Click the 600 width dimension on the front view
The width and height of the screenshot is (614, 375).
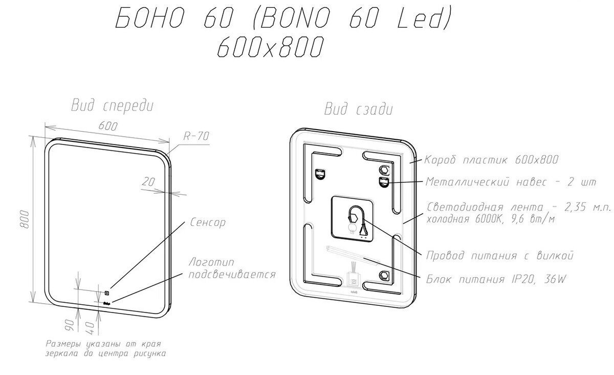(x=108, y=126)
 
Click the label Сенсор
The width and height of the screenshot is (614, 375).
(x=207, y=223)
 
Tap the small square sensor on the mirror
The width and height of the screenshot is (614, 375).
(x=107, y=293)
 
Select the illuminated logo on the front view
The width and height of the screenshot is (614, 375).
(x=107, y=304)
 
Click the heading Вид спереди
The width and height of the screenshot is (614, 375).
(x=112, y=106)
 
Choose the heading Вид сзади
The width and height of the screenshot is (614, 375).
(x=358, y=109)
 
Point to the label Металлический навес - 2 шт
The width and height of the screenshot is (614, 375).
(x=512, y=181)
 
